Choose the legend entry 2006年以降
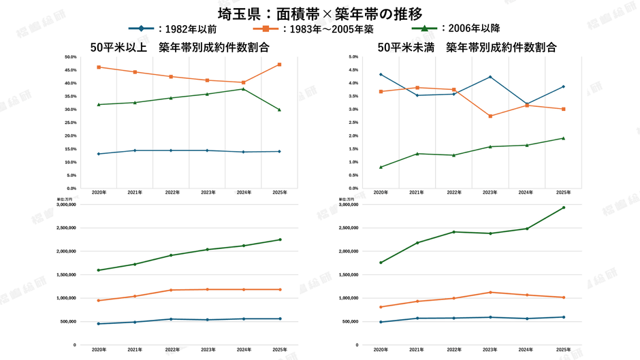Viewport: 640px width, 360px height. (470, 29)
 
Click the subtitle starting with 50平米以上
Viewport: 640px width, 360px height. (180, 47)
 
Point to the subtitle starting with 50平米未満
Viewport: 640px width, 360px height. (467, 47)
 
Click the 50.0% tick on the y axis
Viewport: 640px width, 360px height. (70, 57)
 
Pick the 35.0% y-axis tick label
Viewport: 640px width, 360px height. (70, 97)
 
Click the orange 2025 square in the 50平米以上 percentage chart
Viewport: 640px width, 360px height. (279, 65)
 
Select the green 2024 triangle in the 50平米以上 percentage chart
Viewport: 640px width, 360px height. (243, 88)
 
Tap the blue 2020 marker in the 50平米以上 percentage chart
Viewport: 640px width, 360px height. (99, 154)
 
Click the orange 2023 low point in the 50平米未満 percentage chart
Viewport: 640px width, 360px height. (490, 116)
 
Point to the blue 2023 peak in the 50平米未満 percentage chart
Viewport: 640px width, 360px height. (490, 77)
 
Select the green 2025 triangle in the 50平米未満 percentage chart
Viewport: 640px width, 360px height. (563, 138)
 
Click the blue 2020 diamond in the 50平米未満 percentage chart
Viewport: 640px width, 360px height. (381, 74)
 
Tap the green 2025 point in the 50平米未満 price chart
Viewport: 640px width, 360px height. (563, 208)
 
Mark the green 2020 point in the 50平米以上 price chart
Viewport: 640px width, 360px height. (99, 270)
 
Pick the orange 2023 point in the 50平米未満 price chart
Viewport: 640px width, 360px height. (490, 292)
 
